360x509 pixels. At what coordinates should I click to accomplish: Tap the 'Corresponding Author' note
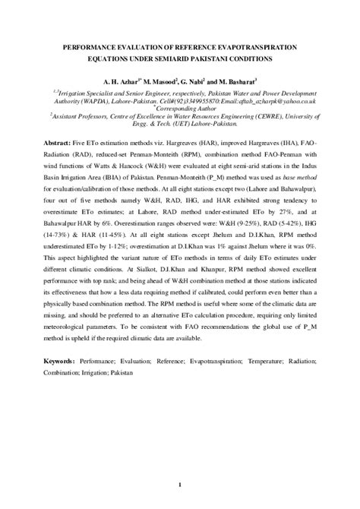click(x=181, y=109)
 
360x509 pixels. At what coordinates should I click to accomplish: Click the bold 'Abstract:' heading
click(x=59, y=143)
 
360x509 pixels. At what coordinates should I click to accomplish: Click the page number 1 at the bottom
click(x=180, y=485)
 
